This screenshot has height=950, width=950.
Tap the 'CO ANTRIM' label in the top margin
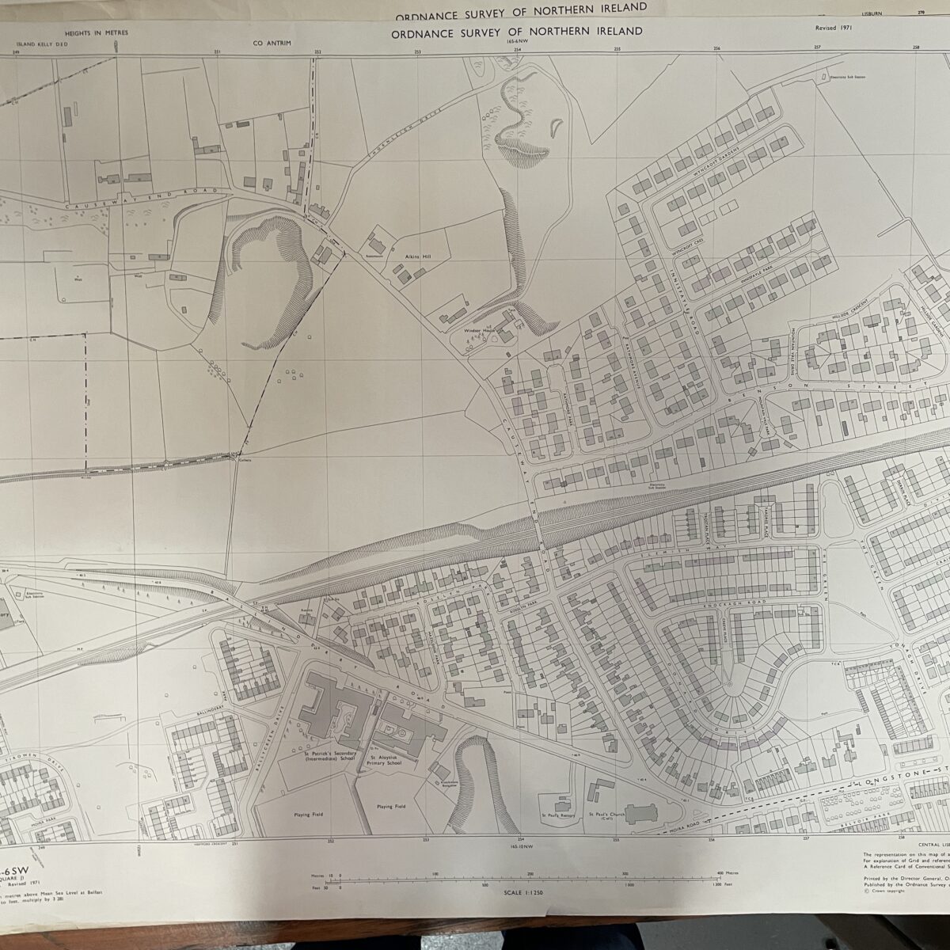pos(268,44)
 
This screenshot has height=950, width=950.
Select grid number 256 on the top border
pos(717,48)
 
